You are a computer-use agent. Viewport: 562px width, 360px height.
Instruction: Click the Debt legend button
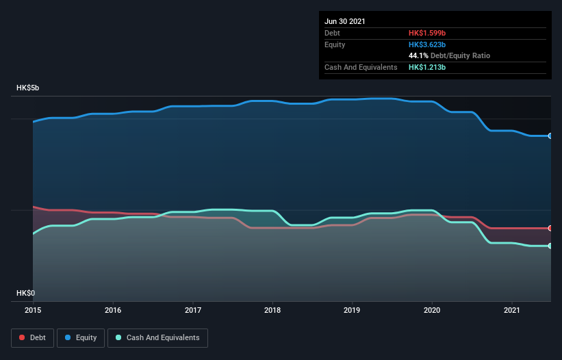click(32, 337)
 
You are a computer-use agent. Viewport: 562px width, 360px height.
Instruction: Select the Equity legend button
click(81, 337)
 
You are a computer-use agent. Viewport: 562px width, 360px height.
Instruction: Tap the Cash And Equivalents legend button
click(157, 337)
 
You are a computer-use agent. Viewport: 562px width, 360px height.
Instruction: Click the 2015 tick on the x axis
click(34, 310)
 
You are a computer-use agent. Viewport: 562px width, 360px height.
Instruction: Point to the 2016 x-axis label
click(113, 310)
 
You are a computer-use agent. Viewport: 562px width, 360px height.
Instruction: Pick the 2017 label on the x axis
click(193, 310)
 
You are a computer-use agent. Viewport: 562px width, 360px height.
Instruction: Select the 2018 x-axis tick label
click(272, 310)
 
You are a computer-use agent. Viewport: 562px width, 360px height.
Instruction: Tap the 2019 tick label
click(353, 310)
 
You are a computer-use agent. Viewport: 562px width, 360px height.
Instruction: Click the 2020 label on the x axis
click(432, 310)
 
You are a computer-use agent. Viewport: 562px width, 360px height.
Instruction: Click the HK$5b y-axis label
click(28, 88)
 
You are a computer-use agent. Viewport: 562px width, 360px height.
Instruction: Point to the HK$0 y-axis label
click(26, 293)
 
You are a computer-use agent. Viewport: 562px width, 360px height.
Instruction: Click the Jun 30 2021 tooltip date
click(345, 21)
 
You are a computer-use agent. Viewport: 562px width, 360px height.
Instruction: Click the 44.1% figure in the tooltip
click(418, 55)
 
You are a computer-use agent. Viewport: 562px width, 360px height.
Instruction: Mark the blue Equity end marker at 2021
click(550, 136)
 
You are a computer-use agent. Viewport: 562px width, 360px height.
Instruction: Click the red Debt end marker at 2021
click(550, 228)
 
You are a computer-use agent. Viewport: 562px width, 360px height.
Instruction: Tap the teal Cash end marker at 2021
click(550, 246)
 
